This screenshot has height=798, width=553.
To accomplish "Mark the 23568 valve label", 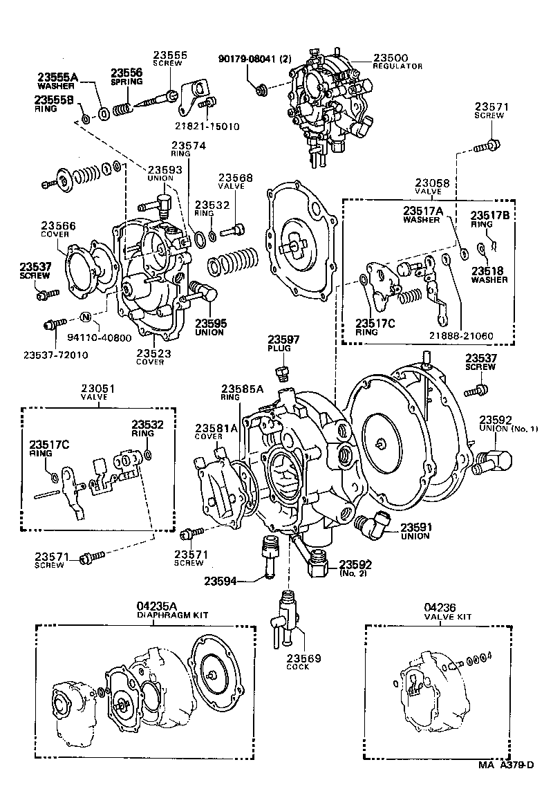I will point(236,181).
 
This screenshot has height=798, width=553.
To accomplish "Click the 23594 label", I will point(221,581).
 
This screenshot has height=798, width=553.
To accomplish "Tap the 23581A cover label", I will point(216,432).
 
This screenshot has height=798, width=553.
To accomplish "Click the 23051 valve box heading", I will point(97,393).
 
